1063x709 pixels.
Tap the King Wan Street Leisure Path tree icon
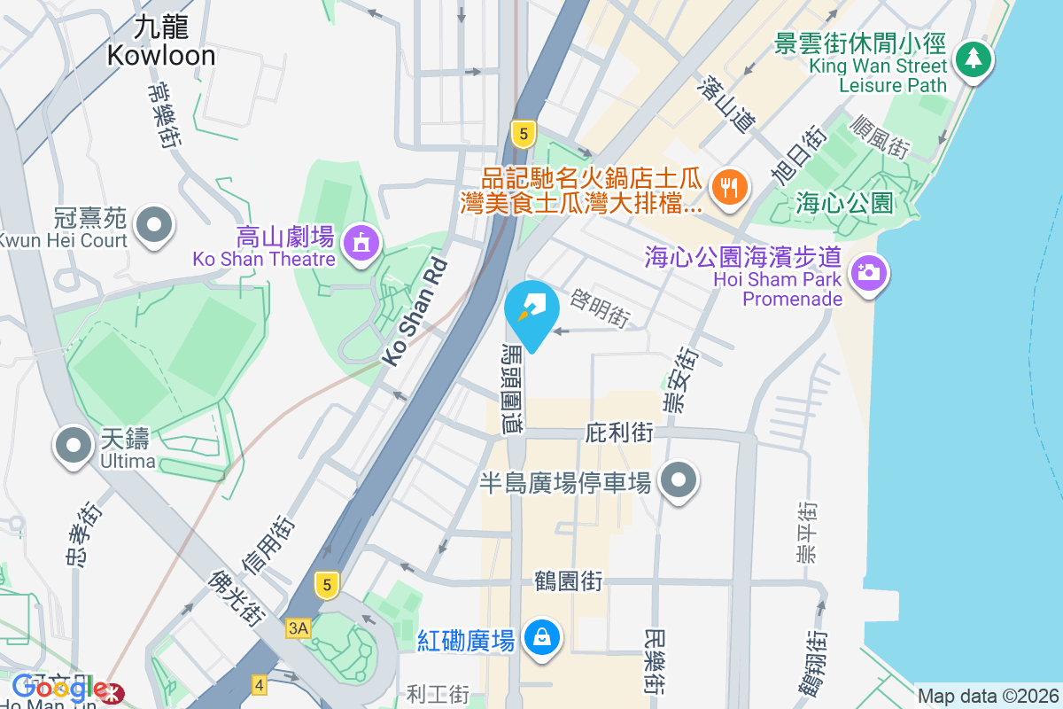click(x=974, y=59)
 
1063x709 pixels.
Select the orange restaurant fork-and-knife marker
click(x=729, y=187)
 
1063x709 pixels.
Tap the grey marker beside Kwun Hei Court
click(x=156, y=223)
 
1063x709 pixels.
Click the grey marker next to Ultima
click(x=74, y=445)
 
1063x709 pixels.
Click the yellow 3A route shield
click(x=299, y=628)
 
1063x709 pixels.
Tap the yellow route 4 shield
click(x=260, y=684)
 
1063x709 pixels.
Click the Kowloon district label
click(x=161, y=42)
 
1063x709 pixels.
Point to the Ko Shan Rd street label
click(x=414, y=314)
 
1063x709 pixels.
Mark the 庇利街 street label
click(x=619, y=433)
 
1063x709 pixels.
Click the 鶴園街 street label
click(x=568, y=582)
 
